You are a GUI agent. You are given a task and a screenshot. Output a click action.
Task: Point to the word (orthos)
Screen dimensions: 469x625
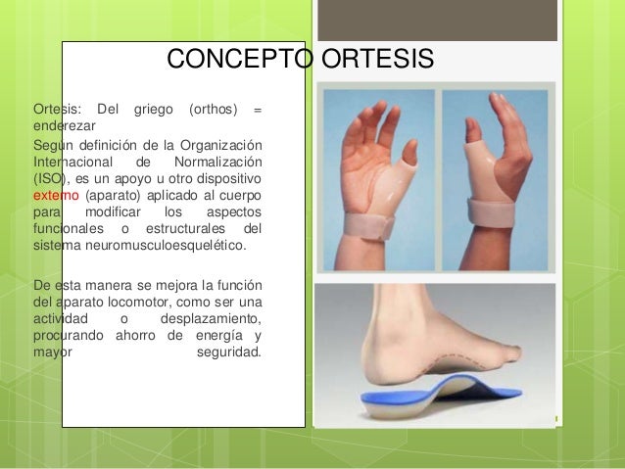tap(210, 107)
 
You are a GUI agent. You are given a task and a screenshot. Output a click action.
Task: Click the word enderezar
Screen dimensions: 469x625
tap(65, 125)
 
